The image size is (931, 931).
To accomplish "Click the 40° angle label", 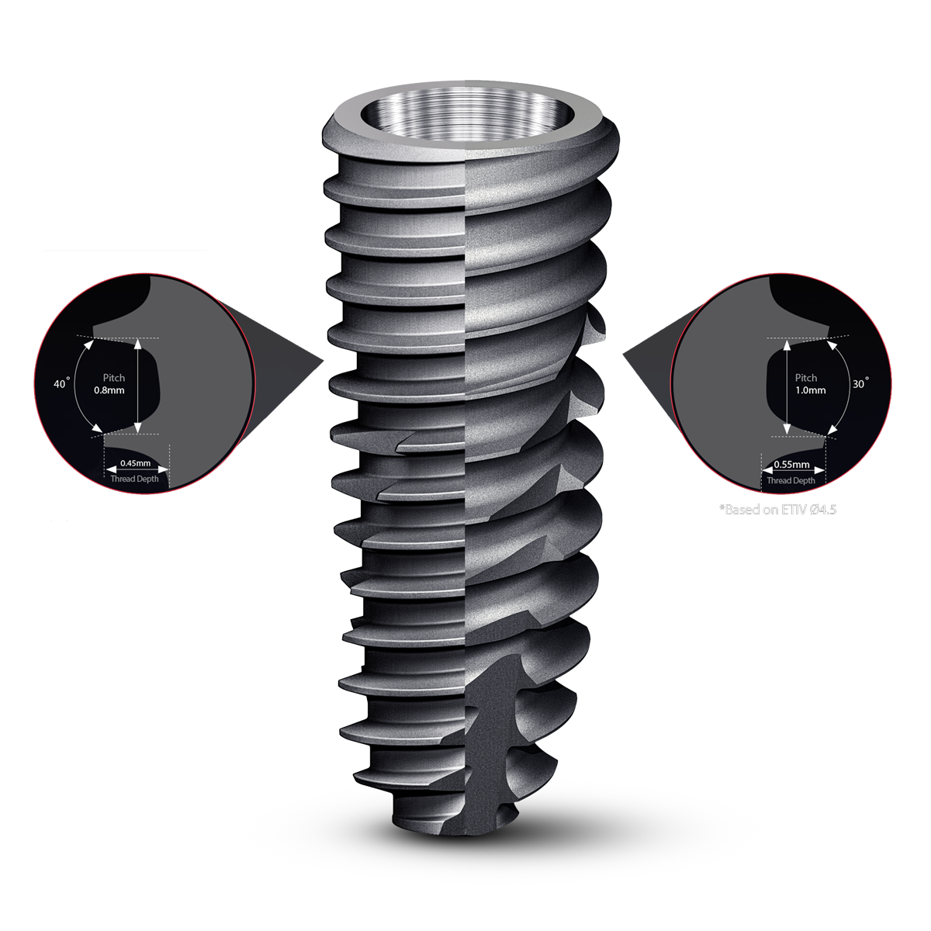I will [x=61, y=384].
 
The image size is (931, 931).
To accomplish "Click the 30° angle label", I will [x=860, y=384].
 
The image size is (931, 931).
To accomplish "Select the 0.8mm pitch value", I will [x=109, y=390].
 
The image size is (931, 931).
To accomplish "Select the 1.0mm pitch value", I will [x=810, y=390].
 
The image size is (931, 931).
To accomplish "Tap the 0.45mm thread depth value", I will [x=135, y=463].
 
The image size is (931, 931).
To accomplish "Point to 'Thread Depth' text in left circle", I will [x=134, y=479].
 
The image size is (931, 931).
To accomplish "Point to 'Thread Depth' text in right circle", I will [x=791, y=480].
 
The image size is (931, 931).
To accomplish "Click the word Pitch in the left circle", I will [x=114, y=378].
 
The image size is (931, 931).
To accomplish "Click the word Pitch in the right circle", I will [x=806, y=378].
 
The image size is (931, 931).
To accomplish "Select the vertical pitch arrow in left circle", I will [x=138, y=386].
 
